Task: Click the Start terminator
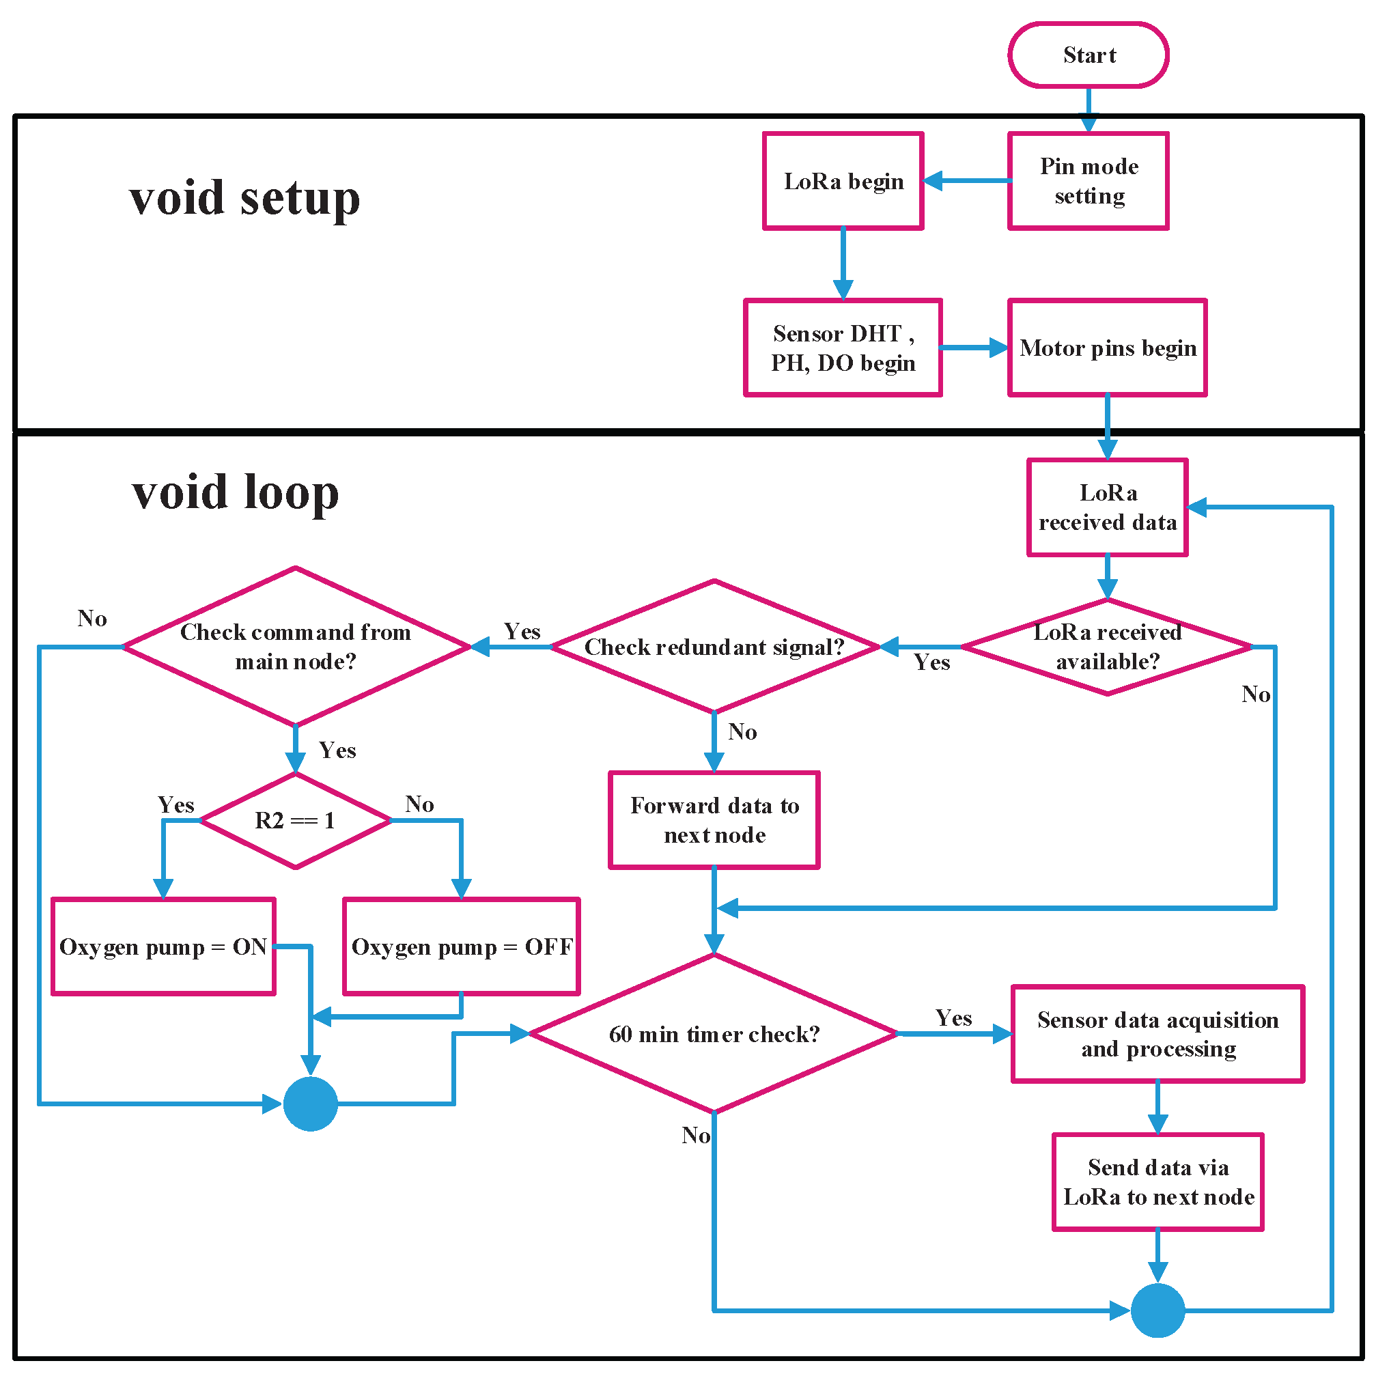pos(1088,55)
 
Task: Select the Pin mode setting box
pos(1088,180)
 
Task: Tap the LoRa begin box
pos(843,180)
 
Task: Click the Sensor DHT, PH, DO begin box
pos(843,348)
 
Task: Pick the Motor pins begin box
pos(1107,348)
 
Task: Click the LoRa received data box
pos(1107,507)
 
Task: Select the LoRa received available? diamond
pos(1107,646)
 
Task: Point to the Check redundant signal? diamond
pos(714,646)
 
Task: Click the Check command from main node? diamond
pos(295,646)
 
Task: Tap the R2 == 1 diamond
pos(295,820)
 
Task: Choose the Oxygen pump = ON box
pos(163,946)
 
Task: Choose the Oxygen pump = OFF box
pos(461,946)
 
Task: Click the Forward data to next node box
pos(714,820)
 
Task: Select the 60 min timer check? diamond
pos(714,1033)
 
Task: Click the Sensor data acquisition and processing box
pos(1157,1033)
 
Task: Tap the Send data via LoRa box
pos(1157,1181)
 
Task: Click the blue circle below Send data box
pos(1157,1310)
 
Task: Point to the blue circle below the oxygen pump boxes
pos(311,1104)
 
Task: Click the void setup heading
pos(244,198)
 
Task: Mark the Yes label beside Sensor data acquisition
pos(953,1017)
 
